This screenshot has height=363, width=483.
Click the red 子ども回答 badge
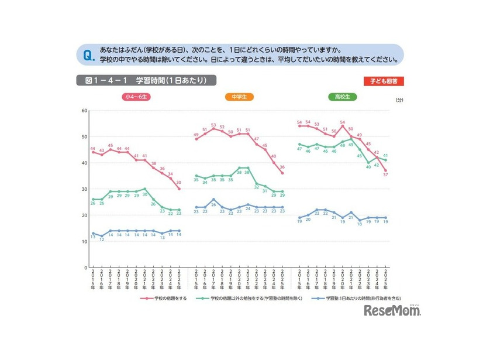point(384,81)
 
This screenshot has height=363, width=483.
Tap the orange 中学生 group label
point(239,97)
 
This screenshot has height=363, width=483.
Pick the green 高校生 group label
point(343,97)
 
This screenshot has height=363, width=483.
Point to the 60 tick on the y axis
point(85,110)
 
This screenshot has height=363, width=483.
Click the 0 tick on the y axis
point(86,268)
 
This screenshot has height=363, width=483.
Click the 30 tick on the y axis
point(85,189)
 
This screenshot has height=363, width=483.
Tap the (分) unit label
point(399,100)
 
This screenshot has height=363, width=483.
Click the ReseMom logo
point(392,311)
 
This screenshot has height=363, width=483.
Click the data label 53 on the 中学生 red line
point(213,125)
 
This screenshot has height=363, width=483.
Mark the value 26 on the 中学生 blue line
point(213,206)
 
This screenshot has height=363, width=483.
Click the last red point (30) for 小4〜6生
point(179,189)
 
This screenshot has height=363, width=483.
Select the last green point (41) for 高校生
point(385,160)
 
